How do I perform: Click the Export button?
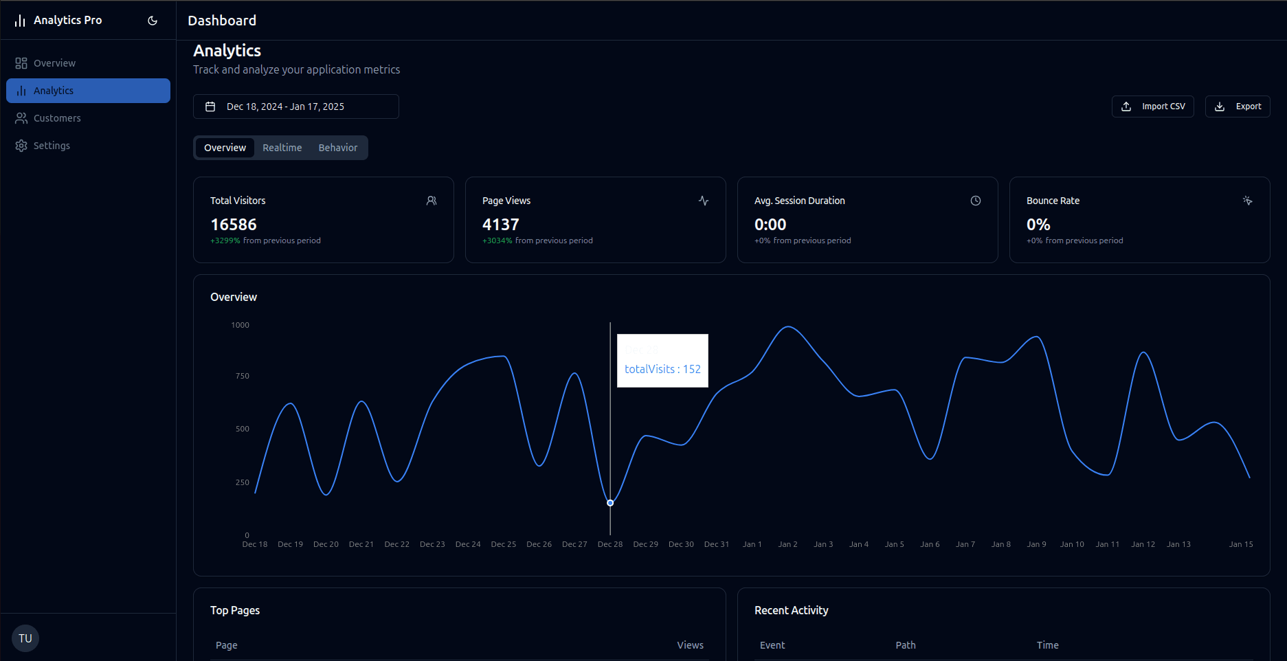pos(1237,107)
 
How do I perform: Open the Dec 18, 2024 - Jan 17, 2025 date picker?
pos(295,107)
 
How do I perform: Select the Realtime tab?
pos(282,148)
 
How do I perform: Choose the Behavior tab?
pos(337,148)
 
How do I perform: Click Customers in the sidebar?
pos(57,118)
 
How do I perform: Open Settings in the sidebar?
pos(52,146)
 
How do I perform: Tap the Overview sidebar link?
pos(54,63)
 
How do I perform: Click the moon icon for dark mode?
pos(153,21)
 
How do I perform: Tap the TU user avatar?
pos(25,638)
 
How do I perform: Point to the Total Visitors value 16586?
pos(234,225)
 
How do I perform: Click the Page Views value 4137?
pos(501,225)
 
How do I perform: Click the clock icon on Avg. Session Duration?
pos(975,201)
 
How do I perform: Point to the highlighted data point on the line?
pos(610,503)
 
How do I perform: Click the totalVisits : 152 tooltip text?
pos(662,369)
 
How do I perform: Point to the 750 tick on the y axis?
pos(243,376)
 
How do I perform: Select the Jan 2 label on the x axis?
pos(787,544)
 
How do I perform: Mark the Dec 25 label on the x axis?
pos(503,544)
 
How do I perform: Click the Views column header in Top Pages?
pos(690,645)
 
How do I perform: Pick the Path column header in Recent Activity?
pos(905,645)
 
